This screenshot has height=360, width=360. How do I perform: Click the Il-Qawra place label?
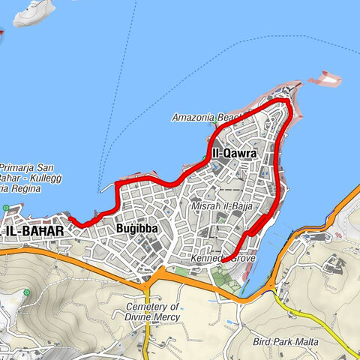point(234,154)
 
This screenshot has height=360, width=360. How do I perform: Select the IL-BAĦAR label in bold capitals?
point(33,232)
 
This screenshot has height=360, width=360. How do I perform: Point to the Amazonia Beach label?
point(207,118)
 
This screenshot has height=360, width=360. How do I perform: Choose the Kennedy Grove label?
point(226,259)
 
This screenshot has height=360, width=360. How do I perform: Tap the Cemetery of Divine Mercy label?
point(153,312)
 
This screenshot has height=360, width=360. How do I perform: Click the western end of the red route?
point(71,218)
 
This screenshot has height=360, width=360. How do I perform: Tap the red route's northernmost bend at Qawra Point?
point(283,99)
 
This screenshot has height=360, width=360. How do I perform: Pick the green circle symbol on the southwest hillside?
point(28,292)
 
